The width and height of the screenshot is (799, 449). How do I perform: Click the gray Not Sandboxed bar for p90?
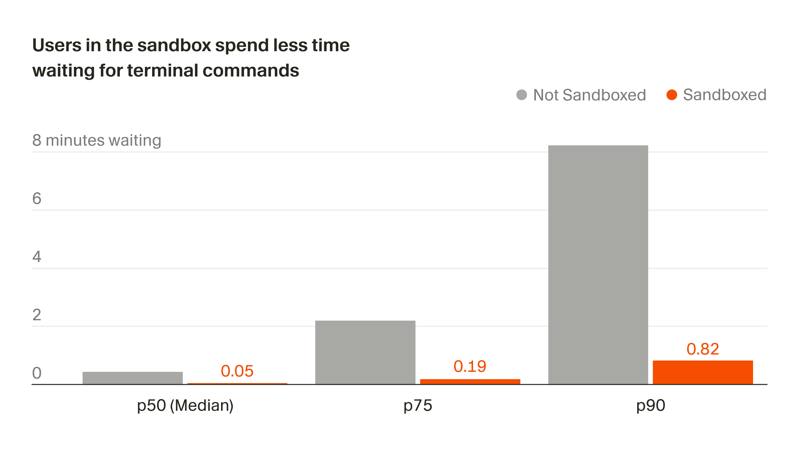598,264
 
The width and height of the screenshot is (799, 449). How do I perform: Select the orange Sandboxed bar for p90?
703,372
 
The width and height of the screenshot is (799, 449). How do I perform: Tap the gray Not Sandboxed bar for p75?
365,352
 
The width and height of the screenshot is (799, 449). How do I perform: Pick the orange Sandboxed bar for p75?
470,381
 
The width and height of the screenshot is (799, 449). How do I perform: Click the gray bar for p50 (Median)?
133,378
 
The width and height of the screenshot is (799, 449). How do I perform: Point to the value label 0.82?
703,349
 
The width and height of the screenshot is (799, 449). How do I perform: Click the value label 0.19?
470,367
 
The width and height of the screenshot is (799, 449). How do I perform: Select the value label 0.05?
237,371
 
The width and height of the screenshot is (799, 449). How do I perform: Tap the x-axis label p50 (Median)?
185,405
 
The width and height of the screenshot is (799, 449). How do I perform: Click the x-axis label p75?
417,406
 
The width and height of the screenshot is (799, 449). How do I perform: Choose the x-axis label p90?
651,406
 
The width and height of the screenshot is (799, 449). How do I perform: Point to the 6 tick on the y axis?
37,199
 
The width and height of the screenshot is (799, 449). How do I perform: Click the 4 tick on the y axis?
37,257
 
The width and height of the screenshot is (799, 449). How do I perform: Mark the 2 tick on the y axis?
37,315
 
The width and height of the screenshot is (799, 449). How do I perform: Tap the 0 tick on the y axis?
37,373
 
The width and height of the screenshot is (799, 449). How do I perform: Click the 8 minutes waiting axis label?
97,140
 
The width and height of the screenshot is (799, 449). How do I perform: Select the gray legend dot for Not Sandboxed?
521,95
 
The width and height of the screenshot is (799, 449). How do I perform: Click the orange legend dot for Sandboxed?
671,95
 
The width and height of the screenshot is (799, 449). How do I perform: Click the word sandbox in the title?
174,45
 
